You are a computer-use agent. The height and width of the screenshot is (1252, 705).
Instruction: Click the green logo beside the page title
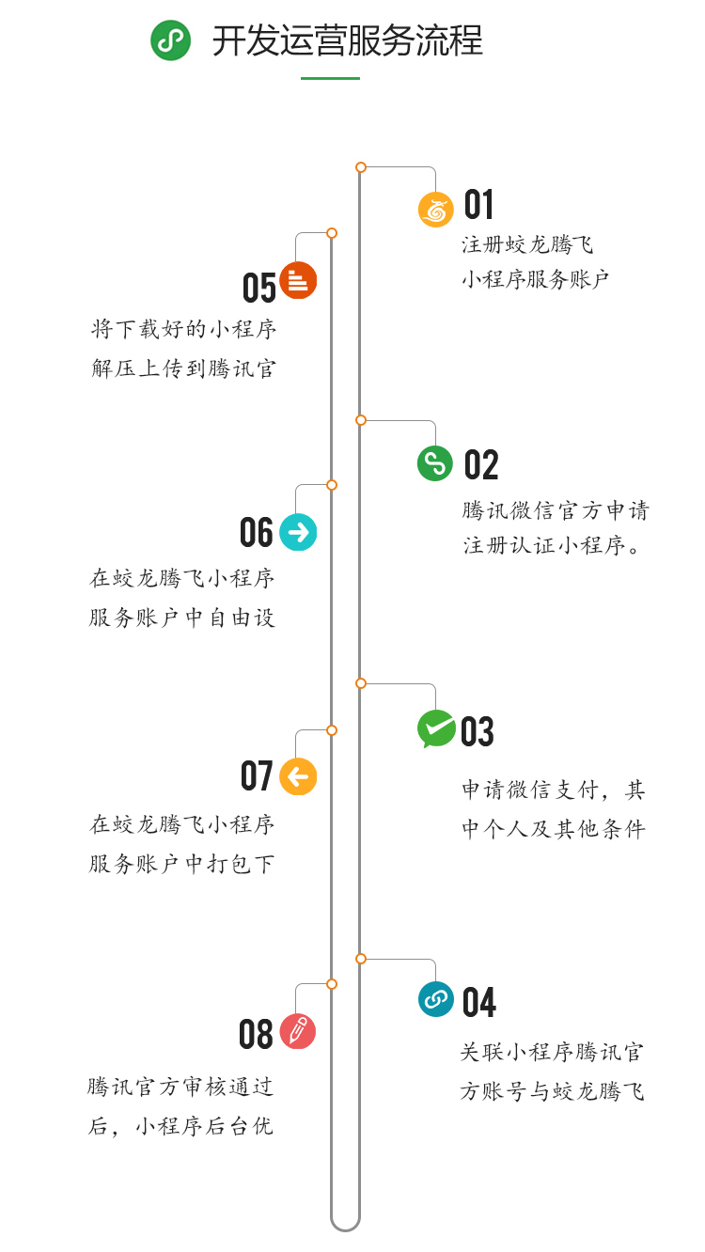(170, 40)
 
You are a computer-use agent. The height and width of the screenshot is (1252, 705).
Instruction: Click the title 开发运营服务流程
(347, 41)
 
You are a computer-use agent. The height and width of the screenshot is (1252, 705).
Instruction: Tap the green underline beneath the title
(330, 78)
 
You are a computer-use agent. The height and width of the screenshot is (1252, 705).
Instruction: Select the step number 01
(478, 205)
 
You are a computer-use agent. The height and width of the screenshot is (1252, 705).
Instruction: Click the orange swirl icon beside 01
(435, 210)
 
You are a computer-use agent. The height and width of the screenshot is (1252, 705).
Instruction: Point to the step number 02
(480, 465)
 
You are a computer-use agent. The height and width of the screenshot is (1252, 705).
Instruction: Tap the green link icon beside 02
(434, 463)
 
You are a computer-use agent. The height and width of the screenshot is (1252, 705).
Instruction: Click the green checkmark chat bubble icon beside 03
(436, 728)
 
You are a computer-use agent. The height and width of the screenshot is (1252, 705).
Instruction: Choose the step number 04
(478, 1003)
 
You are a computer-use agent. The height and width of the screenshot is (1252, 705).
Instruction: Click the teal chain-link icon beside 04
(435, 999)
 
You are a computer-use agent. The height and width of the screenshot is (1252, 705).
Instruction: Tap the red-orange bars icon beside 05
(298, 280)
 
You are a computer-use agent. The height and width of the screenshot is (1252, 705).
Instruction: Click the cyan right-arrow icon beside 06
(298, 532)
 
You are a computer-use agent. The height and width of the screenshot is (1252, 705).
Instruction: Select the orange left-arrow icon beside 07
(298, 776)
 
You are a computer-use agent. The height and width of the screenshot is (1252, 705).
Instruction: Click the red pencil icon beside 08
(298, 1031)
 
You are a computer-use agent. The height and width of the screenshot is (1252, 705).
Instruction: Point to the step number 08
(256, 1035)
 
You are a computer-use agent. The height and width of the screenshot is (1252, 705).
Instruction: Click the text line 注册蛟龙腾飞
(527, 245)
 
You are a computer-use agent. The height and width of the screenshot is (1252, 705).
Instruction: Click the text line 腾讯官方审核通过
(180, 1088)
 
